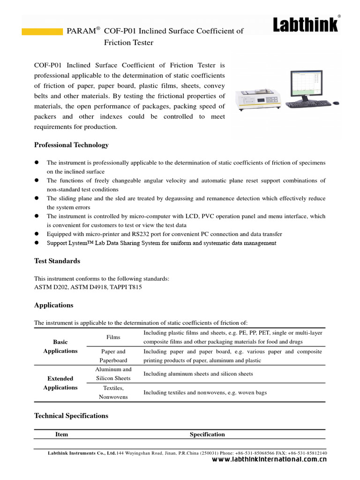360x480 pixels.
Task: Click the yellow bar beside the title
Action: click(43, 31)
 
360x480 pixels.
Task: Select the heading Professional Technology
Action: click(71, 145)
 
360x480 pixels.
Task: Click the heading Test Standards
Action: click(57, 261)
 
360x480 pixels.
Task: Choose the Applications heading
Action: click(54, 305)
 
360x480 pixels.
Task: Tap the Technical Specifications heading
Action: click(71, 416)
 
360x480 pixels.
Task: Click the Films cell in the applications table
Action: click(113, 337)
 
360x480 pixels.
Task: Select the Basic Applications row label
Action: click(60, 346)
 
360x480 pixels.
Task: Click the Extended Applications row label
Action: click(60, 383)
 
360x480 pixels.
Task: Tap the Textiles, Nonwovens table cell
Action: click(113, 392)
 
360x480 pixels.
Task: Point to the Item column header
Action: click(61, 435)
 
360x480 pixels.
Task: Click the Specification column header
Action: click(207, 435)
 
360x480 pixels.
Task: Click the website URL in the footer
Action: click(269, 460)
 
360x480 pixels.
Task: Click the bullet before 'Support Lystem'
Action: click(36, 243)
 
